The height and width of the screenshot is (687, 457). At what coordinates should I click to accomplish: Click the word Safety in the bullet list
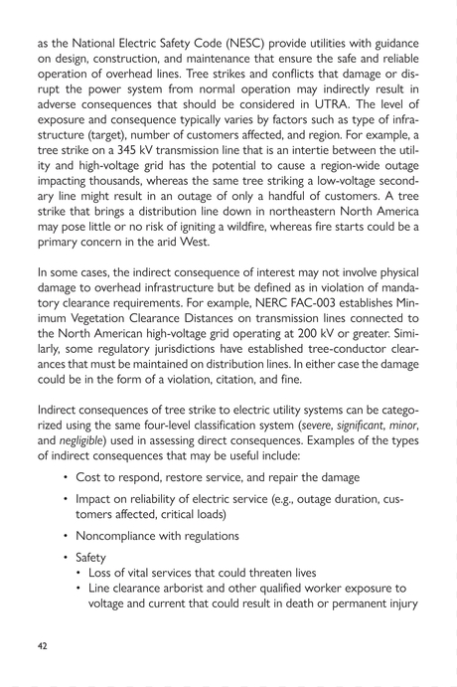tap(96, 558)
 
